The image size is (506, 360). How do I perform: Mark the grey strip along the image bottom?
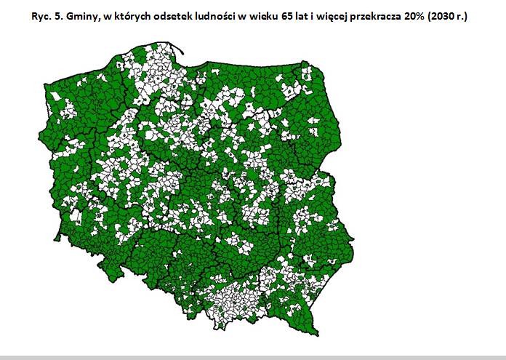pyautogui.click(x=253, y=357)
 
